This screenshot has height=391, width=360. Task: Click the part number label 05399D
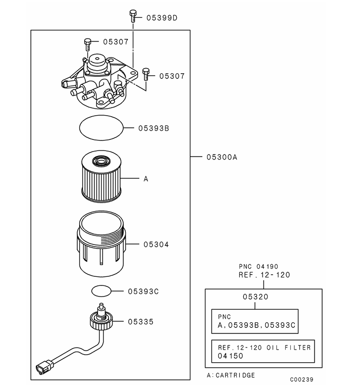click(x=162, y=18)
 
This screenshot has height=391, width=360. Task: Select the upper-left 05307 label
click(x=116, y=42)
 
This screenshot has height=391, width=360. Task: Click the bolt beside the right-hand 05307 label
click(x=145, y=74)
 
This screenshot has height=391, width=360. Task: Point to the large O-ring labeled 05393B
click(x=101, y=128)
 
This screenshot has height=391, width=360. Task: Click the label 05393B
click(x=153, y=128)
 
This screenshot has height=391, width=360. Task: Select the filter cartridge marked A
click(x=101, y=178)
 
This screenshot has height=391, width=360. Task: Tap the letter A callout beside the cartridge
click(x=146, y=179)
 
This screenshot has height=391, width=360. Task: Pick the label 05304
click(x=156, y=245)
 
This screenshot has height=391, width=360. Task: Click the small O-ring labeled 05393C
click(x=101, y=291)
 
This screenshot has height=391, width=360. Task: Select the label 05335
click(x=141, y=321)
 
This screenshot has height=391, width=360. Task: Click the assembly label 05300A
click(x=222, y=157)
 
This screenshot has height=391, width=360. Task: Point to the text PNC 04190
click(x=258, y=267)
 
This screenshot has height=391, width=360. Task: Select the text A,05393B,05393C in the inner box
click(x=255, y=325)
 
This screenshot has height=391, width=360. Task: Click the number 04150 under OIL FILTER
click(x=230, y=356)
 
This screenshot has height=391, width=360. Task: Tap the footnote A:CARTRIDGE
click(x=231, y=375)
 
